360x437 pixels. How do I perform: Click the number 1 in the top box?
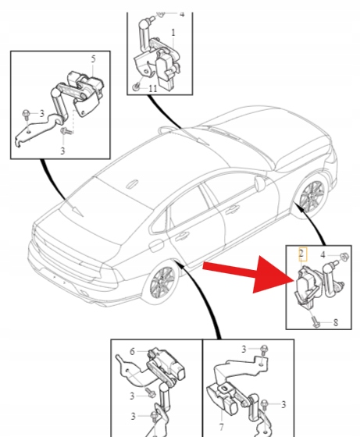click(x=173, y=33)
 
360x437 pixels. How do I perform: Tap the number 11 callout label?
click(x=153, y=89)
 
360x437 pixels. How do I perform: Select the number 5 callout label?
click(x=93, y=59)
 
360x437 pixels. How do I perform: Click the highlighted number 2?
click(x=301, y=254)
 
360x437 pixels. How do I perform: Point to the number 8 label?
click(x=336, y=322)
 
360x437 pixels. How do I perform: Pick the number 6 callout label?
click(x=132, y=351)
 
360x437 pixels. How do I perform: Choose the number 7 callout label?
click(x=222, y=427)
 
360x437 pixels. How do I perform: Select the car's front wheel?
click(x=312, y=194)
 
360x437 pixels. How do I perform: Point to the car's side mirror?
click(x=260, y=183)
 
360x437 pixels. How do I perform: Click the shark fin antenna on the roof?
click(x=132, y=184)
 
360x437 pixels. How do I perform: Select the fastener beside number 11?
click(x=137, y=87)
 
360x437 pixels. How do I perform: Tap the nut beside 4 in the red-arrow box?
click(x=344, y=256)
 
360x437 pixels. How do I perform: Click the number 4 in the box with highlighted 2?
click(x=323, y=254)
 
